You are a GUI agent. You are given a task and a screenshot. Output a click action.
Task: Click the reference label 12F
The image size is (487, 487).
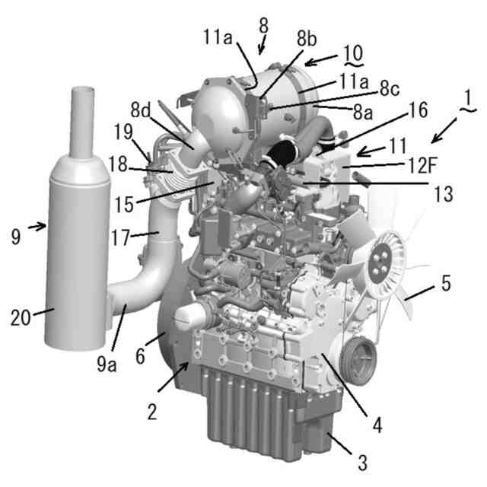(422, 165)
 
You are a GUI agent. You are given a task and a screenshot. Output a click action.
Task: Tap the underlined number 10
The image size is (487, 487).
(353, 53)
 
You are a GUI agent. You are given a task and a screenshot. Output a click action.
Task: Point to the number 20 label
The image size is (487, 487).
(21, 317)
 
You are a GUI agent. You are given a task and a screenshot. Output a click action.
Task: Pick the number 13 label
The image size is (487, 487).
(443, 194)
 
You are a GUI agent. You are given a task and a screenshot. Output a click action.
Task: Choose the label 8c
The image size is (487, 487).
(390, 89)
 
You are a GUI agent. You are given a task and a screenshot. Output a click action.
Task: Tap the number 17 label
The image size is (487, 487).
(120, 237)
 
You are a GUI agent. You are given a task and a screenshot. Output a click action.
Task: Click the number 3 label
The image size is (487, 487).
(362, 462)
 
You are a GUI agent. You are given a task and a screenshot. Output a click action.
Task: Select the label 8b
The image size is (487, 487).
(307, 40)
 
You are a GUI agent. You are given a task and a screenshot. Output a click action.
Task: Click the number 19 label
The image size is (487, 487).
(123, 132)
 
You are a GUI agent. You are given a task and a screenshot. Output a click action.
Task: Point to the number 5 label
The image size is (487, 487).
(446, 283)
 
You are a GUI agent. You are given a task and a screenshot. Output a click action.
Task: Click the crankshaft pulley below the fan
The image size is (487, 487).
(358, 362)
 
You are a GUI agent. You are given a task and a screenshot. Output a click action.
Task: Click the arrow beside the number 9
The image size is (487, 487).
(37, 227)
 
